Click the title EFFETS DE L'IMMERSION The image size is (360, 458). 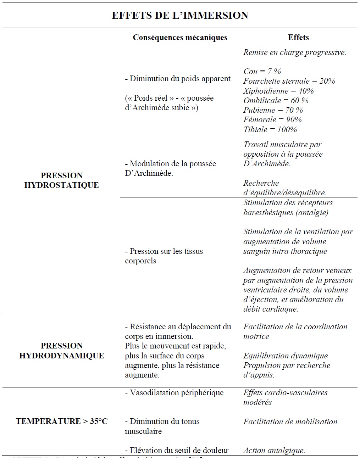coord(180,15)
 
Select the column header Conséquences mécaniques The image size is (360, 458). coord(180,37)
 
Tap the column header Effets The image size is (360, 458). coord(298,37)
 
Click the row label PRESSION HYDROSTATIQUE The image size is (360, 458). coord(61,180)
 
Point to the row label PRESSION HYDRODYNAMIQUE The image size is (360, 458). coord(61,351)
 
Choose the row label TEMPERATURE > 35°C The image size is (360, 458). coord(62,421)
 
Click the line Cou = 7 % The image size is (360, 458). coord(262,71)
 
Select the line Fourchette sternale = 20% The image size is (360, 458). coord(289,81)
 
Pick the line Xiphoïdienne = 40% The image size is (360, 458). coord(278,91)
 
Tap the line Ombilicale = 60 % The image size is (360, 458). coord(276,100)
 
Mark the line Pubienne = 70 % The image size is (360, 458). coord(273,110)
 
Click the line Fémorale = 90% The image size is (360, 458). coord(272,119)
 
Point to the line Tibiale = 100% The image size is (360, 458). coord(270,129)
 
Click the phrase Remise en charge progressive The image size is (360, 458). coord(294,52)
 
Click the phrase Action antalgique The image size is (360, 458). coord(274,451)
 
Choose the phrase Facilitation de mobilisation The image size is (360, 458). coord(291,421)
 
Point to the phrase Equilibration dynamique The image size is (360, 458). coord(286,356)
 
